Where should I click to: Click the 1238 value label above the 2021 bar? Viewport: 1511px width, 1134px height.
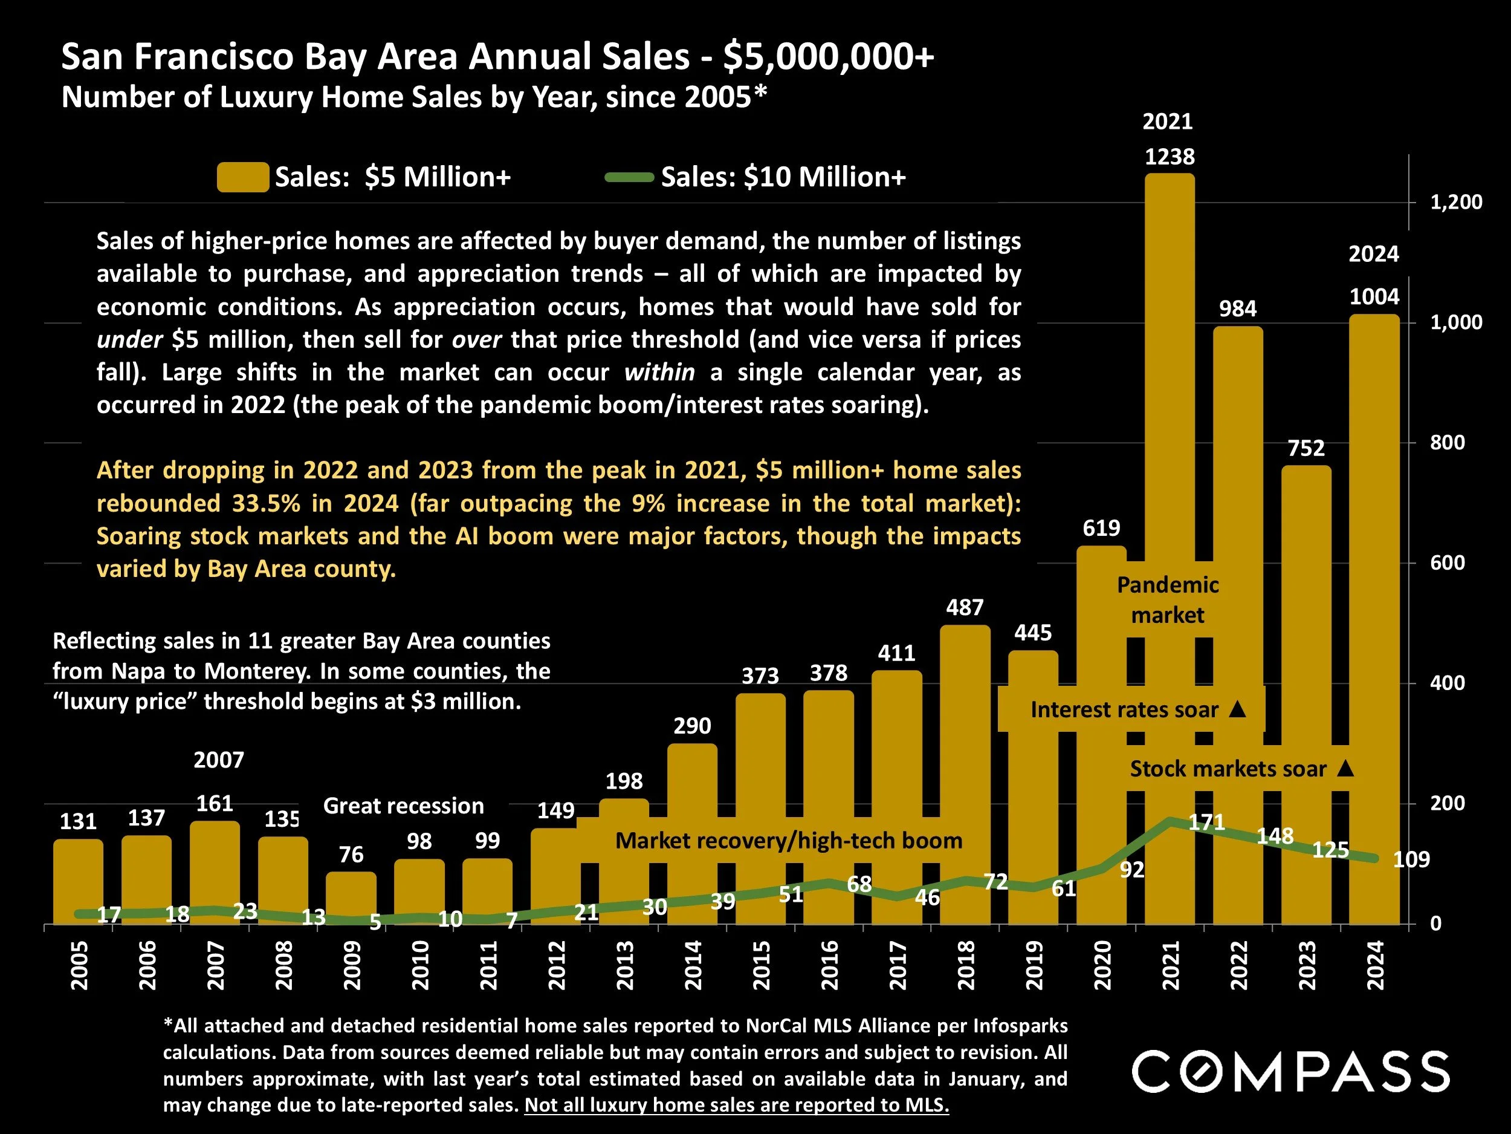(1170, 157)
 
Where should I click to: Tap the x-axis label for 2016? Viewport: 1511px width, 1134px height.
(829, 965)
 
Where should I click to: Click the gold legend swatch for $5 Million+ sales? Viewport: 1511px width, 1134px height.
(242, 177)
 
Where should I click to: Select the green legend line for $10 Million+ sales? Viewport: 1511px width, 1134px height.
(629, 178)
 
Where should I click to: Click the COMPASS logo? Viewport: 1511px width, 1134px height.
(1290, 1072)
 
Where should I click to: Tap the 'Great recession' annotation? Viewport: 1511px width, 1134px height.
(403, 806)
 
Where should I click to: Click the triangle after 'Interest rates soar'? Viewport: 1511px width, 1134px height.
(1237, 709)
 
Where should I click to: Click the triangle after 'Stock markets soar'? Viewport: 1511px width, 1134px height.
(1345, 768)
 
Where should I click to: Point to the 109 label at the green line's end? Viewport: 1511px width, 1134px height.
(1411, 859)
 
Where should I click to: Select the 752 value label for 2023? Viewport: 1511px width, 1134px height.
(1306, 448)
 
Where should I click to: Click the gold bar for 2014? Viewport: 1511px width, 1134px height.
(692, 834)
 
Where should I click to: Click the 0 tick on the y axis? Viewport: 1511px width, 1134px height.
(1436, 924)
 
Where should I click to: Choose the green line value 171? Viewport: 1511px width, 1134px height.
(1206, 823)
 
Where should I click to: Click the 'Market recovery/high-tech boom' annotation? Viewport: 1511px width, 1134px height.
(788, 841)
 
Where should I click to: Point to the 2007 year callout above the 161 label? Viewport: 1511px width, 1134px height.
(219, 760)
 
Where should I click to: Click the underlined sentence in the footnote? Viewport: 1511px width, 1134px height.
(736, 1106)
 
